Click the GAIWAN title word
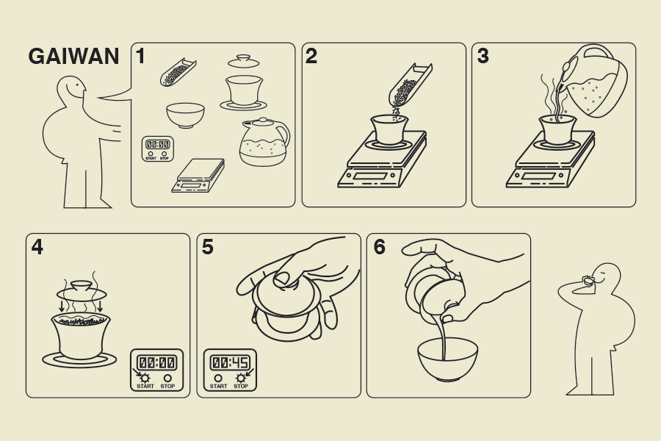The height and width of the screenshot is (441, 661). [73, 56]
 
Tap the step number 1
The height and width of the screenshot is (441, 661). [141, 56]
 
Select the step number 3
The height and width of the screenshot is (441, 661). [483, 56]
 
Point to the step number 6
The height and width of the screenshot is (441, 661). [380, 247]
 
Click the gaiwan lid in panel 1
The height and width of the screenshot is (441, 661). [244, 62]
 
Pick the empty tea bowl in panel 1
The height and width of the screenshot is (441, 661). [186, 115]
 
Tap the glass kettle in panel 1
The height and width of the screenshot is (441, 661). [264, 142]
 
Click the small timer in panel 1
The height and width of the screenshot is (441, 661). [158, 148]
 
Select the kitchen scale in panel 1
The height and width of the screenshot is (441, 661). [198, 176]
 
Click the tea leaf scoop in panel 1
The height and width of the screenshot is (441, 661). [178, 72]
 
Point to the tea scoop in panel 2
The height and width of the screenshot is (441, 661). [410, 85]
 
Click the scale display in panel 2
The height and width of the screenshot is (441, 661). [369, 176]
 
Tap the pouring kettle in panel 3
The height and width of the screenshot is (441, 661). [592, 81]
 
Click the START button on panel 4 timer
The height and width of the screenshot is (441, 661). [145, 378]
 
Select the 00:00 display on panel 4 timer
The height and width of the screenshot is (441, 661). [157, 362]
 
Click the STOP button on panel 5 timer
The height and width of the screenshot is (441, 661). [241, 378]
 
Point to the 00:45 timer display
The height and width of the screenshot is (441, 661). [230, 362]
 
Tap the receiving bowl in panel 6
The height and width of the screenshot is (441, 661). [448, 359]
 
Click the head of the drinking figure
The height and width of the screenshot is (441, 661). [606, 276]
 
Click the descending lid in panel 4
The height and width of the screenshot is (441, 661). [82, 290]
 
